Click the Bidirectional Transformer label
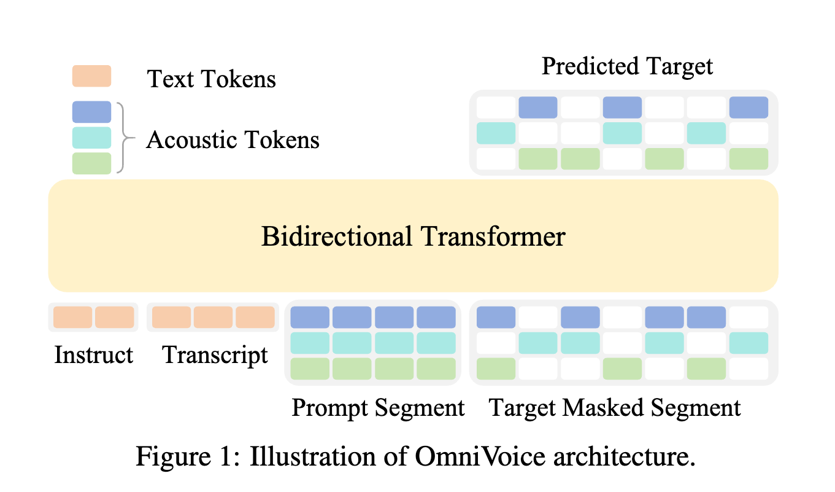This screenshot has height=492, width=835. click(x=413, y=236)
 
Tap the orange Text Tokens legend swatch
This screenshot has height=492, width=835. click(x=91, y=76)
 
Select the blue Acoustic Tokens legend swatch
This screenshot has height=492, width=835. click(x=91, y=112)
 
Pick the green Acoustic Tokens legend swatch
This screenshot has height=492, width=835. click(x=91, y=163)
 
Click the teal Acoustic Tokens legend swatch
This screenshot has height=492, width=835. click(x=91, y=138)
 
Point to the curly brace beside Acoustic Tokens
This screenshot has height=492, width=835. click(x=126, y=138)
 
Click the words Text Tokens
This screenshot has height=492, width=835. click(x=211, y=79)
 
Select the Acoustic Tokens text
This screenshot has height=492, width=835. click(x=233, y=140)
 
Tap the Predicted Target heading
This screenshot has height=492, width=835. click(x=627, y=66)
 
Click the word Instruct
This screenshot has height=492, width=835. click(x=93, y=355)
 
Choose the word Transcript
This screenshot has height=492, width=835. click(x=215, y=355)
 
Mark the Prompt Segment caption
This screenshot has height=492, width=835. click(x=378, y=407)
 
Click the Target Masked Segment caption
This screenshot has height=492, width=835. click(x=615, y=407)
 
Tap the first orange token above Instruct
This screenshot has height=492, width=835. click(x=73, y=318)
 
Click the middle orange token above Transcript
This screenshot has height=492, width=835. click(x=214, y=318)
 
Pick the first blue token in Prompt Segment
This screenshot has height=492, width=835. click(x=310, y=318)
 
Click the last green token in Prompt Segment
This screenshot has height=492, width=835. click(x=436, y=369)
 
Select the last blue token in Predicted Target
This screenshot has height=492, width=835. click(x=748, y=107)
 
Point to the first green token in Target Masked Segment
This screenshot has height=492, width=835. click(x=496, y=369)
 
